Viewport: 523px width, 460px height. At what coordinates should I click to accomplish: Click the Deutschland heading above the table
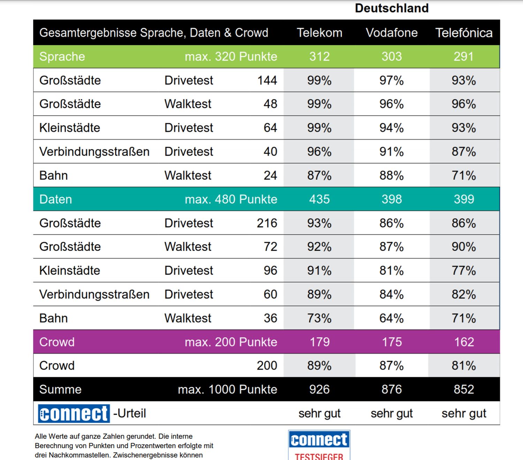tap(392, 8)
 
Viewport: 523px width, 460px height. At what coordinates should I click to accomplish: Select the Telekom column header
tap(319, 33)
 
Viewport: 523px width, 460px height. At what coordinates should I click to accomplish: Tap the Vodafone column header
tap(392, 33)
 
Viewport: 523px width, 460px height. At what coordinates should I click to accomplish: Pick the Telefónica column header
tap(464, 33)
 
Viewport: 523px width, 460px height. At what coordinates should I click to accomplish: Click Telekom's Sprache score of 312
tap(319, 57)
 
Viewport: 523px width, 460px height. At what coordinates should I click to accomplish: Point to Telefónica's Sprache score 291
tap(464, 57)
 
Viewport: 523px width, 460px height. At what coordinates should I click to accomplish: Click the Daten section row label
tap(56, 199)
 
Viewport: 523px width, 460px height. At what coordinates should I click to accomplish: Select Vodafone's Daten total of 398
tap(392, 199)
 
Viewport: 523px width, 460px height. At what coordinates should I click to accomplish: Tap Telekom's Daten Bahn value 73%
tap(319, 318)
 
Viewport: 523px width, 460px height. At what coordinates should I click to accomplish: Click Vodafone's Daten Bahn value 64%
tap(392, 318)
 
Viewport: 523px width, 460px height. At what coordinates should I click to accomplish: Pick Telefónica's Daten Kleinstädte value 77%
tap(464, 270)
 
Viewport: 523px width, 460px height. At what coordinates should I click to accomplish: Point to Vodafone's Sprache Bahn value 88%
tap(392, 176)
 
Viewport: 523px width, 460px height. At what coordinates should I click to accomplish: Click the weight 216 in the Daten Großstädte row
tap(267, 223)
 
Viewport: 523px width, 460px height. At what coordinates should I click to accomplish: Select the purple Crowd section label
tap(57, 342)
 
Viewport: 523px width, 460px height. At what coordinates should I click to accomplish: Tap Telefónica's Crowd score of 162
tap(464, 342)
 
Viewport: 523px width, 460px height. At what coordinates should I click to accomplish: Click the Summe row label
tap(60, 389)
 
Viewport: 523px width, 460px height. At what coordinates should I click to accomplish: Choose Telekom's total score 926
tap(319, 389)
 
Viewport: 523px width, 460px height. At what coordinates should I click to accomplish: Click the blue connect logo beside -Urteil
tap(74, 414)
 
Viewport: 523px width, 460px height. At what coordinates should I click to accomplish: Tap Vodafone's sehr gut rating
tap(392, 414)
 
